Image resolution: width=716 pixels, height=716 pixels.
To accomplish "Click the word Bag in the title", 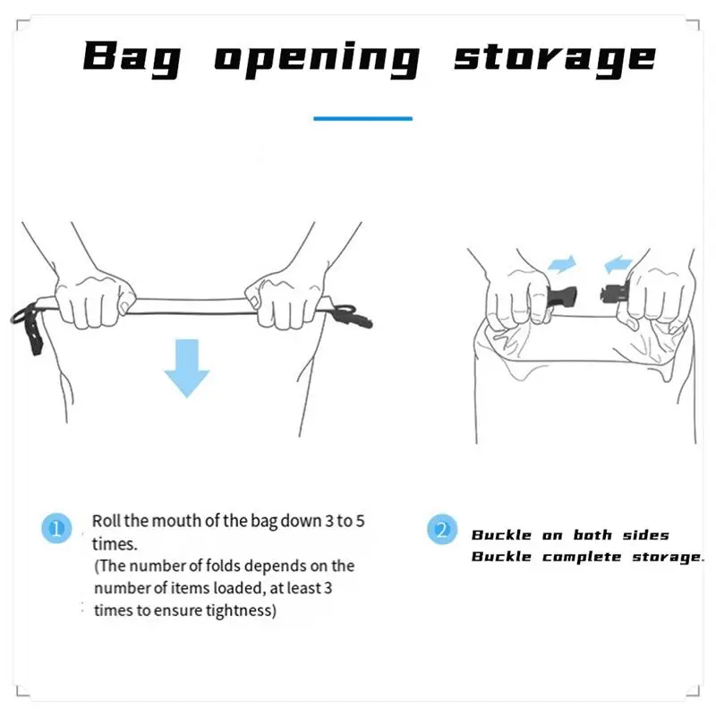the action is pyautogui.click(x=132, y=58).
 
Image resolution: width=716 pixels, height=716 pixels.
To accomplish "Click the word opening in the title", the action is pyautogui.click(x=317, y=60).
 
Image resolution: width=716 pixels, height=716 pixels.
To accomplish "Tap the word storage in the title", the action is pyautogui.click(x=555, y=60).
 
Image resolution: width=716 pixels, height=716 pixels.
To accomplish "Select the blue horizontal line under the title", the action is pyautogui.click(x=363, y=119).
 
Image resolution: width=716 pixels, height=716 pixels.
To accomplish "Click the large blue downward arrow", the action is pyautogui.click(x=186, y=368).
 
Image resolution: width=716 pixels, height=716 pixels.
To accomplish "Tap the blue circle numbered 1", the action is pyautogui.click(x=56, y=528).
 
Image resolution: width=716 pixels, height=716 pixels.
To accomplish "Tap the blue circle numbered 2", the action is pyautogui.click(x=442, y=529).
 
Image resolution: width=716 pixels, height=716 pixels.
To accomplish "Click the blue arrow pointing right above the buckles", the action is pyautogui.click(x=562, y=264).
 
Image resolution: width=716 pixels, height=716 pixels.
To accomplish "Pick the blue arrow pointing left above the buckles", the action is pyautogui.click(x=618, y=264).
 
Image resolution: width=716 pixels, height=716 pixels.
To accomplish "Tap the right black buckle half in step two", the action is pyautogui.click(x=615, y=294).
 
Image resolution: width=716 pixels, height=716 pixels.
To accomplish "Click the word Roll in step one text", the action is pyautogui.click(x=107, y=521).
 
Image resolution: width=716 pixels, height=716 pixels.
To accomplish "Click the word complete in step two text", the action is pyautogui.click(x=582, y=557).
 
